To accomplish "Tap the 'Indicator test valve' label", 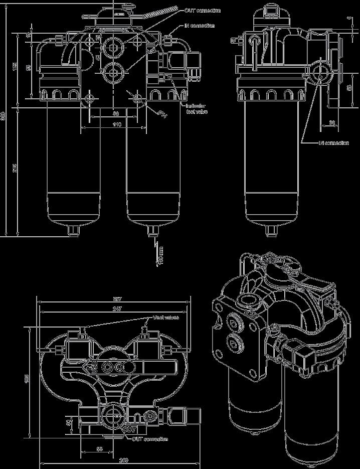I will pyautogui.click(x=196, y=109).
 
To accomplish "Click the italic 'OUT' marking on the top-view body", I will pyautogui.click(x=130, y=430).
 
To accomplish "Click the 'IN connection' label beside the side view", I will pyautogui.click(x=334, y=143).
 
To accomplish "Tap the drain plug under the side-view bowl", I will pyautogui.click(x=272, y=230).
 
